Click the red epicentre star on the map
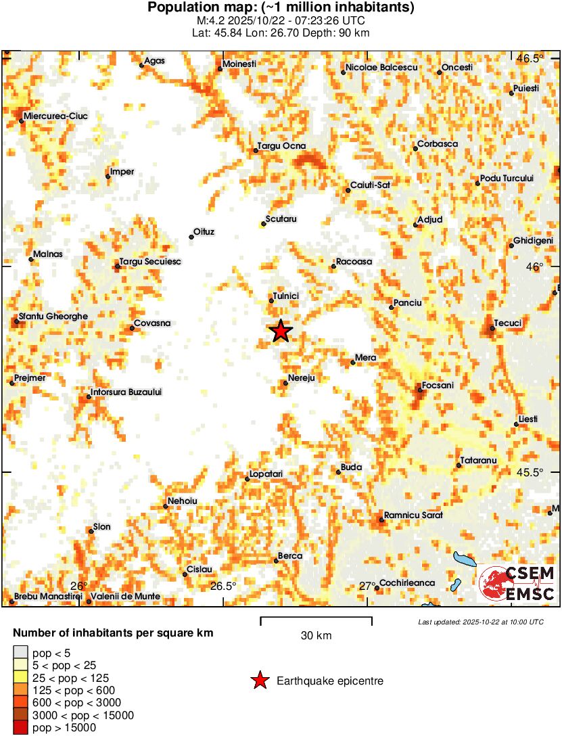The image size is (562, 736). click(281, 331)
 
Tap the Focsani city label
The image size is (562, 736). click(438, 386)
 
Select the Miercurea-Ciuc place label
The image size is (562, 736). click(55, 116)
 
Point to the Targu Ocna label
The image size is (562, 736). click(282, 146)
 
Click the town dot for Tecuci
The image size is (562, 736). click(491, 329)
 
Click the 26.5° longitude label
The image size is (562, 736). click(223, 586)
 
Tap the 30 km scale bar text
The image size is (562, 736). click(316, 636)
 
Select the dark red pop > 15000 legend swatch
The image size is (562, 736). click(21, 727)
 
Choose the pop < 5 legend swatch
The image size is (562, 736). click(21, 653)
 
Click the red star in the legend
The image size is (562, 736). click(259, 681)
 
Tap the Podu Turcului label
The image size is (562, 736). click(507, 178)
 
